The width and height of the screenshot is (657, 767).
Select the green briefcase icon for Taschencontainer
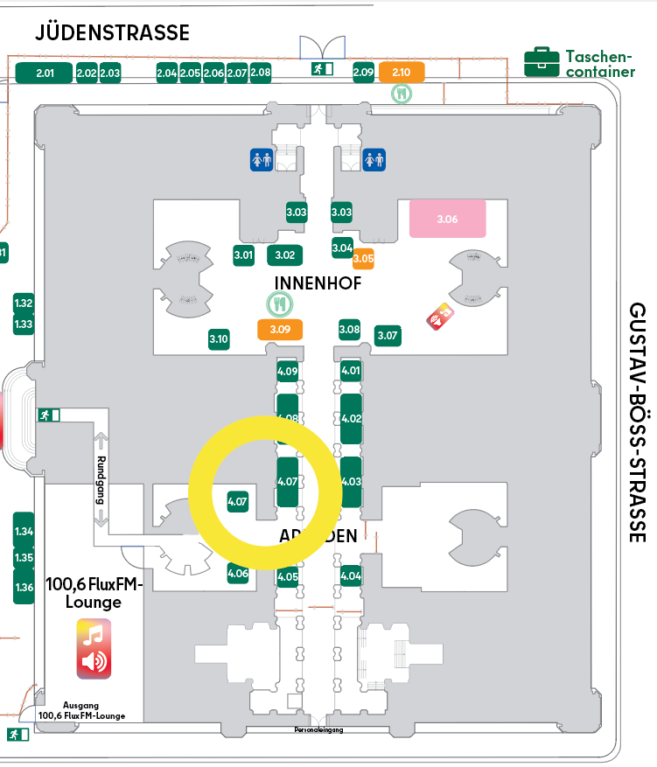coord(542,62)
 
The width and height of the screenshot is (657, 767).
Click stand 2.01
coord(45,73)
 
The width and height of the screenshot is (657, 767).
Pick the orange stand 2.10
coord(402,73)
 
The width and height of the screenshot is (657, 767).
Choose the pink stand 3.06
coord(447,219)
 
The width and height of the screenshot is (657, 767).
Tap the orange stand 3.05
coord(363,258)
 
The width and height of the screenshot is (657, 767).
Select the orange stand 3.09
coord(280,330)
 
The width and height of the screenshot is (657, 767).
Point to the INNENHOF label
coord(318,282)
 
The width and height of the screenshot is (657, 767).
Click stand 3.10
coord(219,338)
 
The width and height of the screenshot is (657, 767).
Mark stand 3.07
coord(387,335)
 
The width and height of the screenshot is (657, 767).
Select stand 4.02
coord(351,418)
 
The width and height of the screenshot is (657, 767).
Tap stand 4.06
coord(238,574)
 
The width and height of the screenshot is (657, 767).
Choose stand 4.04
coord(351,575)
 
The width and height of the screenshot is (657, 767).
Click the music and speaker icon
coord(94,648)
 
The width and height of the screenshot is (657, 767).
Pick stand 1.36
coord(24,587)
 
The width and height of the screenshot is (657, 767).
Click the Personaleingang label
coord(318,729)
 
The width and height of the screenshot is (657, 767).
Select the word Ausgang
coord(80,705)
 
